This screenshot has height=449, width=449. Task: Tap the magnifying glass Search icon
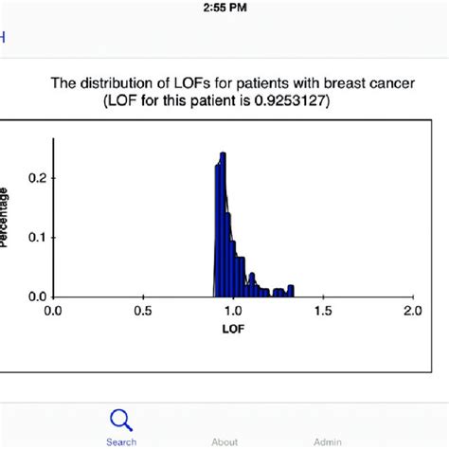pos(121,420)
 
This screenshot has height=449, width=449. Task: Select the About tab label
pos(224,441)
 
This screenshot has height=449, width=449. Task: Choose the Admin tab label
pos(327,441)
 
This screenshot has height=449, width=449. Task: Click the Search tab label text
pos(121,441)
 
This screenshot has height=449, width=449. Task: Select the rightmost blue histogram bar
pos(291,291)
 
